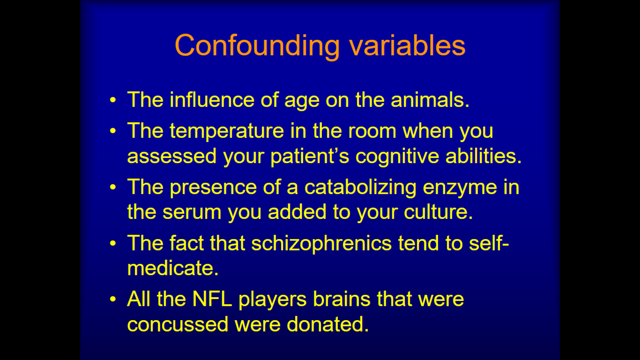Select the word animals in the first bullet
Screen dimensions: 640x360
pos(430,100)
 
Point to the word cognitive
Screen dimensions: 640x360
pos(397,156)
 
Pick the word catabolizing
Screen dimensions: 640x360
pos(360,188)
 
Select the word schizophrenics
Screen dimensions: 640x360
pos(321,244)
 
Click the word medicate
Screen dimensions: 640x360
pos(173,268)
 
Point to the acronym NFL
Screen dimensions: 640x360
pos(212,300)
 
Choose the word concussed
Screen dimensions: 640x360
pos(178,325)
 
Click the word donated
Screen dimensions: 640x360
pos(328,324)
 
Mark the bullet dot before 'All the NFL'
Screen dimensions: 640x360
pos(113,299)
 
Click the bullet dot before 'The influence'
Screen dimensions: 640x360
pos(113,100)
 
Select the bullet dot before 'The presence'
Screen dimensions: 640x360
pos(113,187)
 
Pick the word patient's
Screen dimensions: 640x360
pos(310,156)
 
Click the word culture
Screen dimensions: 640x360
pos(439,212)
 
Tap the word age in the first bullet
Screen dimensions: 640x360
pos(302,101)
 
